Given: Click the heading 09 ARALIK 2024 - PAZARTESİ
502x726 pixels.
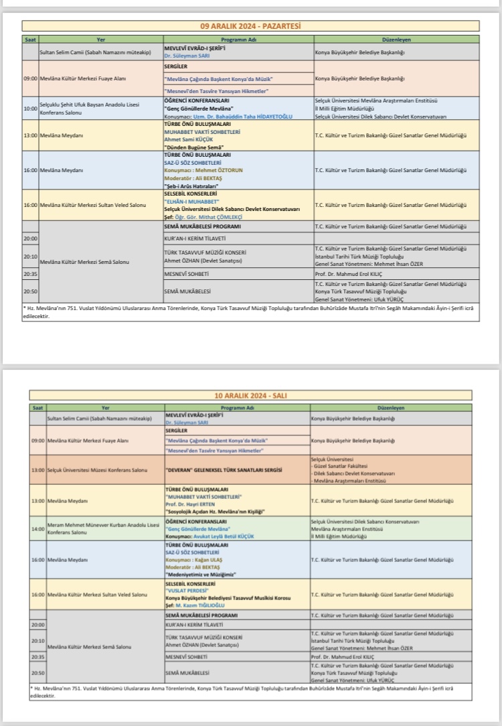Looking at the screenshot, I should pyautogui.click(x=251, y=26).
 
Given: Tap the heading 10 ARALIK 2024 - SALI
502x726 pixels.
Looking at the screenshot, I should pyautogui.click(x=251, y=396).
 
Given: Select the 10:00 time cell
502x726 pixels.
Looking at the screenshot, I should pyautogui.click(x=30, y=108).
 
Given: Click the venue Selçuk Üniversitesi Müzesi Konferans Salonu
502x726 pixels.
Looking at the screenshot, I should pyautogui.click(x=93, y=471).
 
